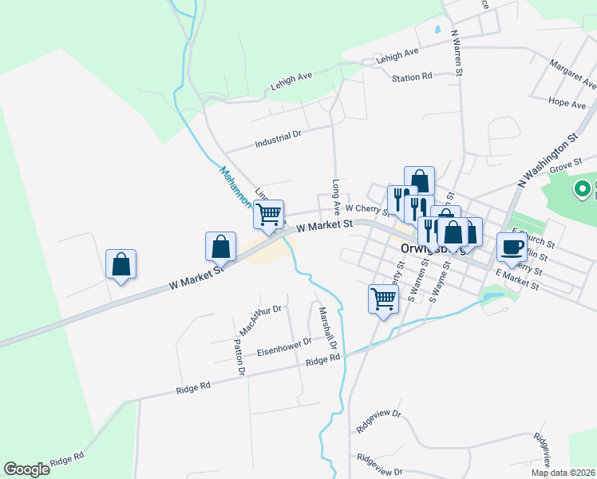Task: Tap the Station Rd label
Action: pos(412,77)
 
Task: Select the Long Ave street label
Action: pos(337,196)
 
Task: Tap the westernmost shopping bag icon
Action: pos(121,263)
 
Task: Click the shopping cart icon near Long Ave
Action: pos(269,214)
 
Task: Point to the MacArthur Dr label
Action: pos(261,319)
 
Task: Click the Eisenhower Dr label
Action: pos(283,346)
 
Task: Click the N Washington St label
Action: pos(547,160)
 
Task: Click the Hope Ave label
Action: pos(567,103)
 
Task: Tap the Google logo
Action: pos(26,469)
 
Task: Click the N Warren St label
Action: pos(457,53)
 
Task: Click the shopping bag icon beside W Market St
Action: pos(221,247)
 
